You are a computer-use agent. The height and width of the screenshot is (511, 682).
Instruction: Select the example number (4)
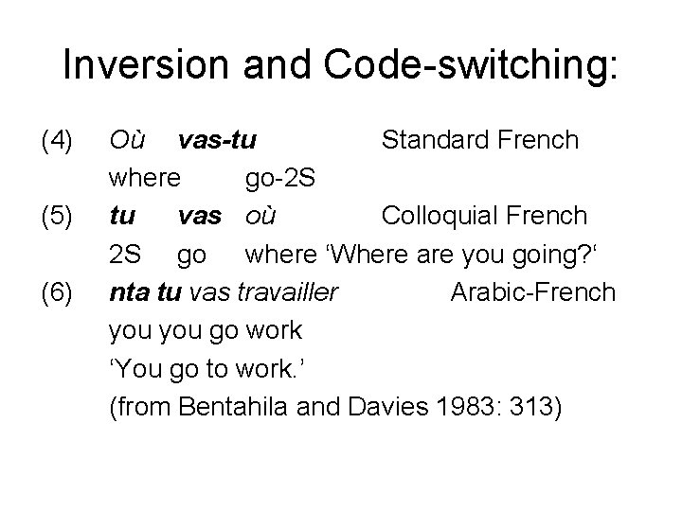point(57,141)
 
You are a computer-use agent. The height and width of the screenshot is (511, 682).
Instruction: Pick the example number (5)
point(57,217)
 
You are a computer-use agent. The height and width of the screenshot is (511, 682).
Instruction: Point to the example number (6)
point(57,292)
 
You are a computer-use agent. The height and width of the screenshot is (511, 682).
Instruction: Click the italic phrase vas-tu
point(217,141)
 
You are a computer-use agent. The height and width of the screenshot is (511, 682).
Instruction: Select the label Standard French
point(479,141)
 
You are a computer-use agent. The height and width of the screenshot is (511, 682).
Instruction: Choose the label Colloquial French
point(484,217)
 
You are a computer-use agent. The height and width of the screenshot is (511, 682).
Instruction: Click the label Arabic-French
point(533,292)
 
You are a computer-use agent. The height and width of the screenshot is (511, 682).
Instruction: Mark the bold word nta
point(130,292)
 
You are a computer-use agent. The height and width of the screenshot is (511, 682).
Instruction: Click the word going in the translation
point(547,255)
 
